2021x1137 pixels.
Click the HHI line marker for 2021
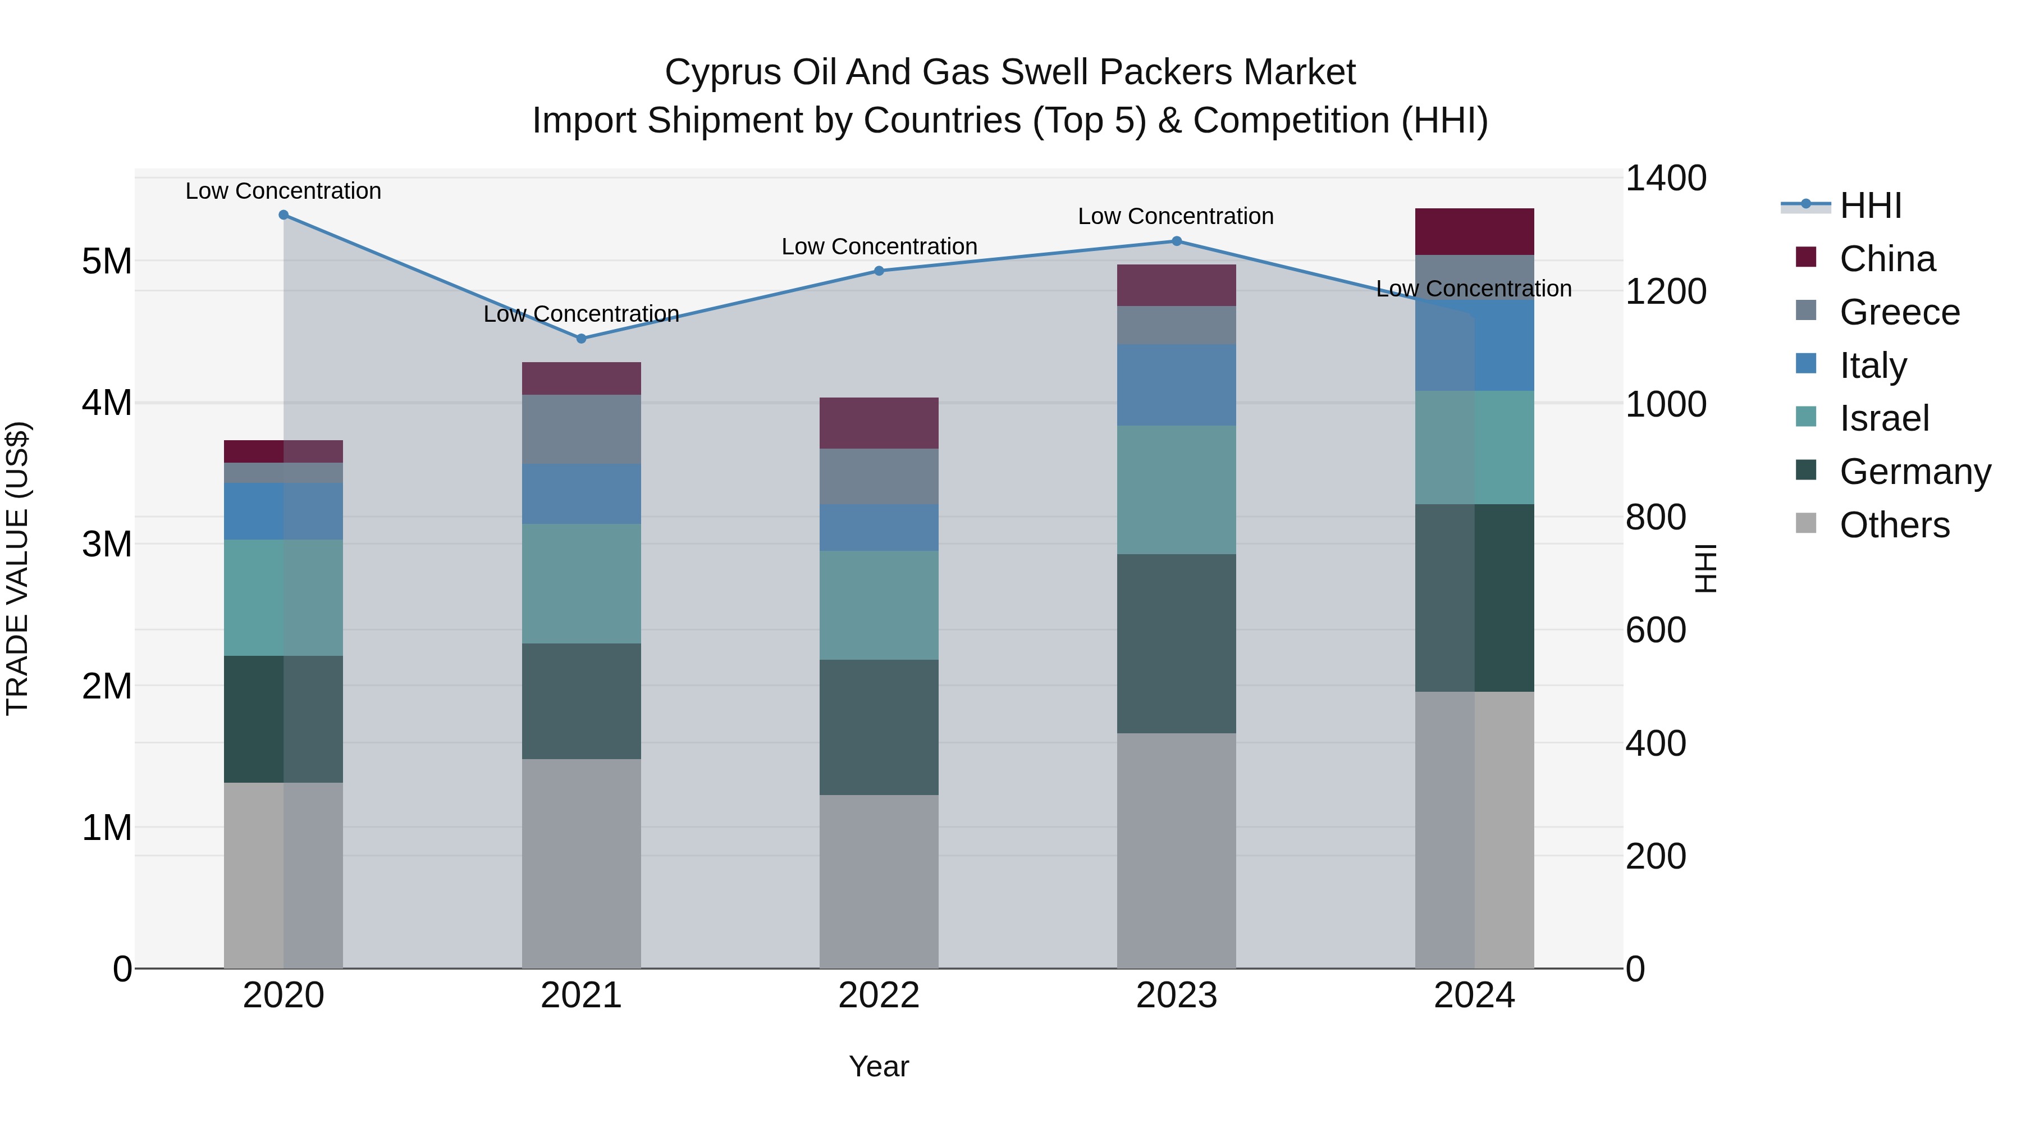[582, 338]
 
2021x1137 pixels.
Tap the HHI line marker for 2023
[1176, 241]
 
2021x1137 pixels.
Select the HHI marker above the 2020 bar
[284, 215]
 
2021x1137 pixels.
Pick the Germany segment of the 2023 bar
[1176, 643]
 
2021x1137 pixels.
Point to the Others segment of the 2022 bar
[879, 880]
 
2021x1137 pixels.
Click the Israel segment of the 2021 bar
[582, 584]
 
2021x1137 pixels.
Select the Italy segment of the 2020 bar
[284, 511]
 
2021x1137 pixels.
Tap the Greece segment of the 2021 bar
[582, 428]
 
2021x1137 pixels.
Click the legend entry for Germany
[1914, 472]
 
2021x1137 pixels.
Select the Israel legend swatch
[1806, 417]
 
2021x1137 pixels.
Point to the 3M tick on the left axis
[107, 544]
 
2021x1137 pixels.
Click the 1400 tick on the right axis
[1665, 178]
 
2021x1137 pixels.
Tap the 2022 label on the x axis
[879, 996]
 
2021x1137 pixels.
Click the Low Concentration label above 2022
[879, 246]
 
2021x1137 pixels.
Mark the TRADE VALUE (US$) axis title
[17, 568]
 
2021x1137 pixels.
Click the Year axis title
[879, 1066]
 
